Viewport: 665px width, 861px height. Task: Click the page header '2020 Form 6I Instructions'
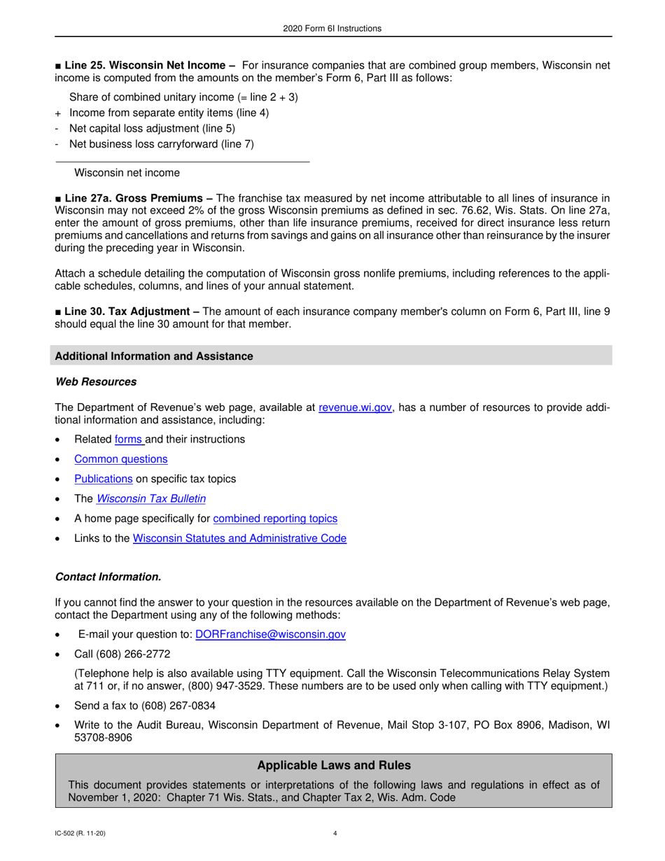pyautogui.click(x=332, y=29)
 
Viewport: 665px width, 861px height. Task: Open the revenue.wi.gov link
pyautogui.click(x=355, y=408)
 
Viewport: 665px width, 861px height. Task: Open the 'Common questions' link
pyautogui.click(x=120, y=459)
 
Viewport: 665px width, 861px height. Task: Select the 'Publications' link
pyautogui.click(x=103, y=479)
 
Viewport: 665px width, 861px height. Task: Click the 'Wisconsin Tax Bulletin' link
pyautogui.click(x=151, y=499)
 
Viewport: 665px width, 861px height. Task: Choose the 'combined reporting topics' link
pyautogui.click(x=274, y=519)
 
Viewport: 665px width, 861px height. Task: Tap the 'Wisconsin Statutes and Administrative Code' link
pyautogui.click(x=239, y=539)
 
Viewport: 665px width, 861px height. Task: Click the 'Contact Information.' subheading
pyautogui.click(x=108, y=577)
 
